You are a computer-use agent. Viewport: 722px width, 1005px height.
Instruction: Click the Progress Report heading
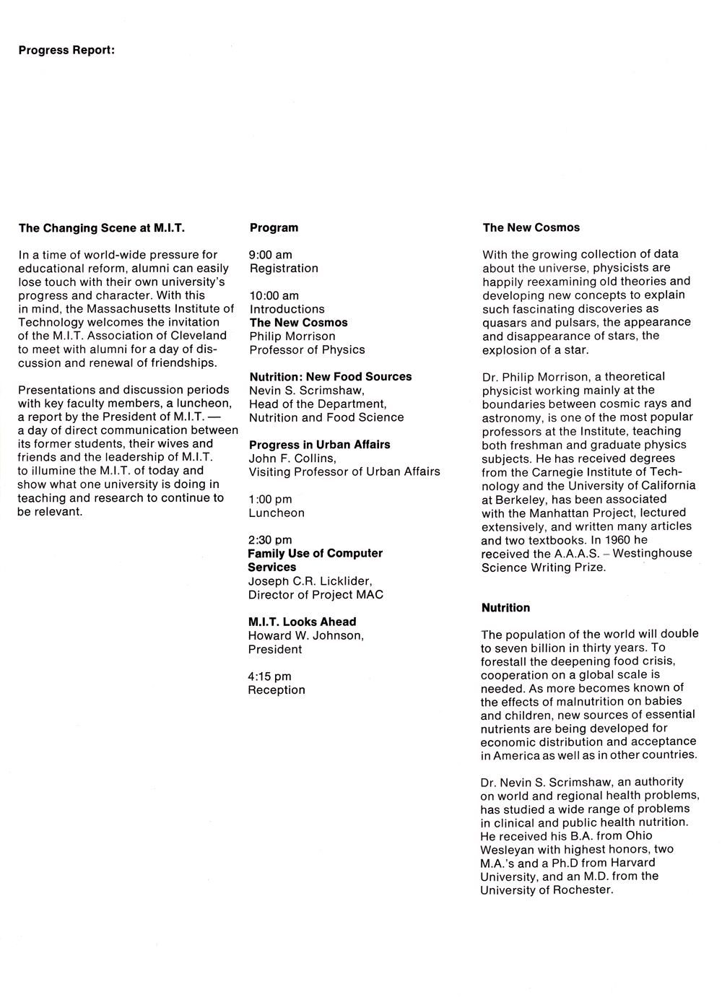[x=66, y=51]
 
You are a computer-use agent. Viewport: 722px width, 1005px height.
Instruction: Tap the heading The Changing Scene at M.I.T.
[x=102, y=228]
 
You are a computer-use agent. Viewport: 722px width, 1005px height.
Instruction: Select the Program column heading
[x=274, y=227]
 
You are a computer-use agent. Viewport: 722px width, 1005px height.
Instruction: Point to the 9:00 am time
[x=271, y=255]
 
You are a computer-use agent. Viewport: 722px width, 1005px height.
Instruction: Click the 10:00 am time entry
[x=274, y=296]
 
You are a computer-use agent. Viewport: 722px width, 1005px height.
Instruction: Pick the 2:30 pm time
[x=270, y=540]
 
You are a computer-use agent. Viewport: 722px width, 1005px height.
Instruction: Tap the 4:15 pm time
[x=270, y=676]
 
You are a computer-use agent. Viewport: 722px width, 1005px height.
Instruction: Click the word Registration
[x=284, y=269]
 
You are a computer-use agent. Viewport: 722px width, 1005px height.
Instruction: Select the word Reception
[x=277, y=690]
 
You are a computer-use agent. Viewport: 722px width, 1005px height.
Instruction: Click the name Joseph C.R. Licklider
[x=310, y=581]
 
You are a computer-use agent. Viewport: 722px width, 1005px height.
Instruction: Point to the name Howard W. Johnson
[x=305, y=635]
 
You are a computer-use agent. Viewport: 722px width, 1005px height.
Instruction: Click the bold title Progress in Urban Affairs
[x=320, y=445]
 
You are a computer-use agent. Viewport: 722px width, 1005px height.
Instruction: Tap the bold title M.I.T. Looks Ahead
[x=302, y=622]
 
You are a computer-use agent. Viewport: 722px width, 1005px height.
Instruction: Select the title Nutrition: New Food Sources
[x=331, y=377]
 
